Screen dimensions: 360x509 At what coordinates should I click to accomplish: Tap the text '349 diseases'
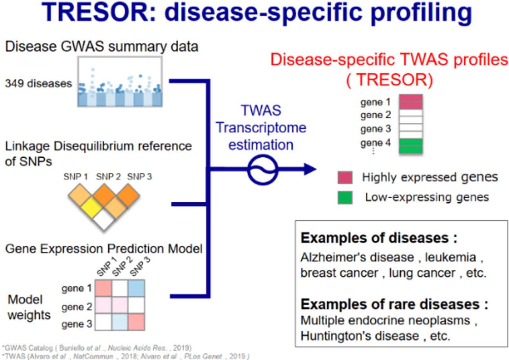click(39, 83)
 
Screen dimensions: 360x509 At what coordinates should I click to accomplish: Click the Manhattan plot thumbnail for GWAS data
click(119, 82)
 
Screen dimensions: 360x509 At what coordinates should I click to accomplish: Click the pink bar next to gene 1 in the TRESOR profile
click(411, 102)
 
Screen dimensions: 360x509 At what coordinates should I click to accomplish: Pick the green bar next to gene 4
click(411, 145)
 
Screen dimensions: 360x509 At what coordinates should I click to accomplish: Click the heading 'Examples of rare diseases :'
click(394, 305)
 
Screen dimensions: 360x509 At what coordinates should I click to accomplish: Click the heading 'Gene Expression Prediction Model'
click(104, 250)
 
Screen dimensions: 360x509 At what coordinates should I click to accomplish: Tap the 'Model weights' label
click(29, 308)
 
